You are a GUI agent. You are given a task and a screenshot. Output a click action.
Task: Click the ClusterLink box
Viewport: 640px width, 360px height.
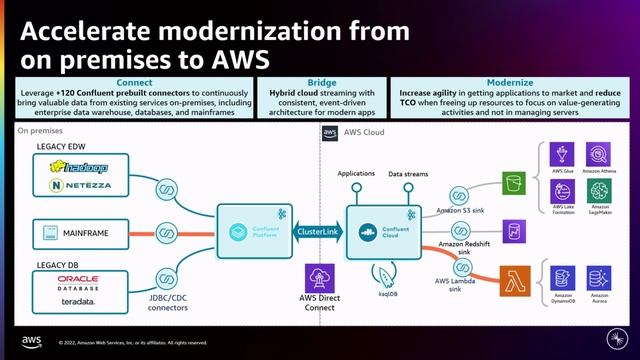tap(320, 231)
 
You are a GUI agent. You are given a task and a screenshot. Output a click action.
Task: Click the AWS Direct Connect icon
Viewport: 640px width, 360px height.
tap(320, 278)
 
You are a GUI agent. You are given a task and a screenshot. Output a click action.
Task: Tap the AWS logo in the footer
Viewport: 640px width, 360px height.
tap(31, 341)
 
